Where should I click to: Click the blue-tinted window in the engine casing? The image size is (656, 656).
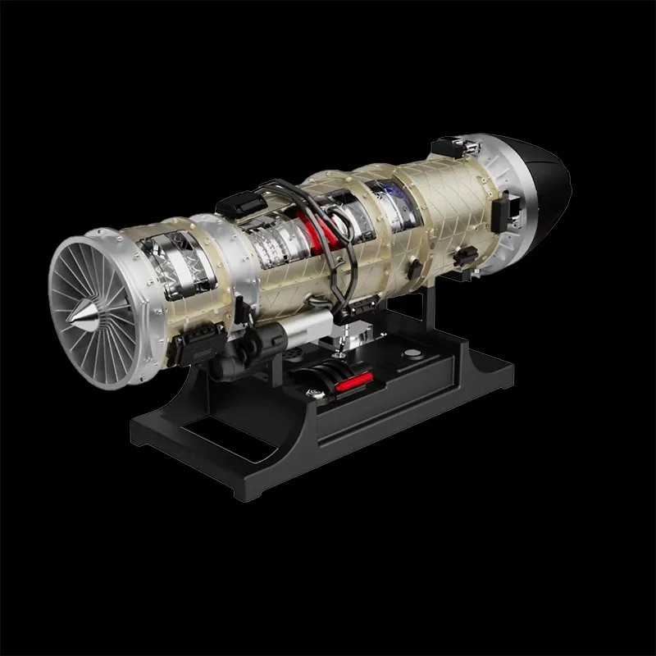(x=385, y=200)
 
